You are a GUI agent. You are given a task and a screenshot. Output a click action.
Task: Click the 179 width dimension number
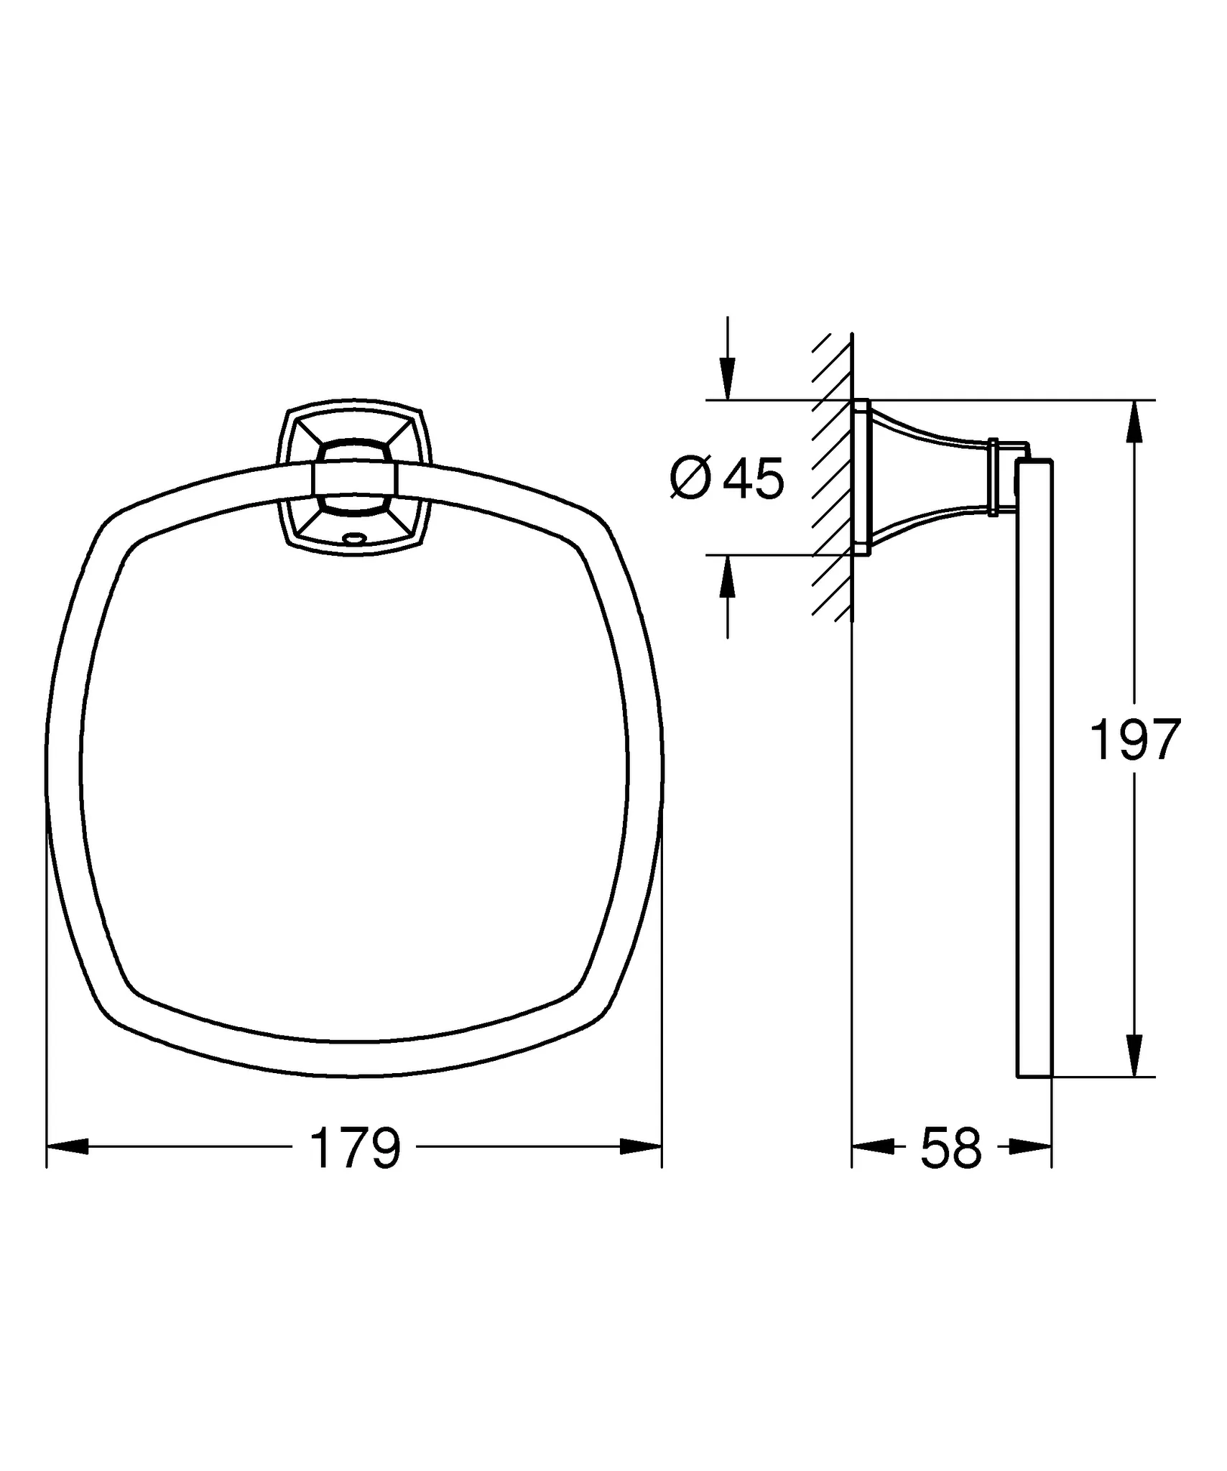click(x=354, y=1148)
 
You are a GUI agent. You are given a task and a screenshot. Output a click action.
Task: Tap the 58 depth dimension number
click(x=950, y=1148)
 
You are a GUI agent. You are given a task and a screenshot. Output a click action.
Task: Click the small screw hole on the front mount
click(x=353, y=537)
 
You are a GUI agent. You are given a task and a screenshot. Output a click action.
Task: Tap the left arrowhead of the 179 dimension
click(x=68, y=1147)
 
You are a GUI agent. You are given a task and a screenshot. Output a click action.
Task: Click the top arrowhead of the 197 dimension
click(x=1134, y=422)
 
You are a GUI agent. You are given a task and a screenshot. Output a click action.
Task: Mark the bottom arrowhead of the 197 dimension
click(x=1134, y=1054)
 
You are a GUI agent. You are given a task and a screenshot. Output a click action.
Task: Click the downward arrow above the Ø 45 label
click(x=728, y=377)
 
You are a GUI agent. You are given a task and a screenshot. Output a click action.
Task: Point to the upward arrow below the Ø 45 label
click(x=728, y=579)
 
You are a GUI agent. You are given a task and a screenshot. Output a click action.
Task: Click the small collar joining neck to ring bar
click(x=994, y=478)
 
